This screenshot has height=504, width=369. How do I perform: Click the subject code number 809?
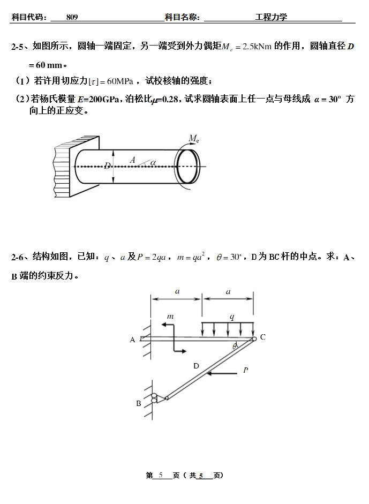click(x=72, y=17)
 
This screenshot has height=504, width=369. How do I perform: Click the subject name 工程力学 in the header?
click(x=271, y=17)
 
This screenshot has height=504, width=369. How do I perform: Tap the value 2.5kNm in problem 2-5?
click(x=257, y=47)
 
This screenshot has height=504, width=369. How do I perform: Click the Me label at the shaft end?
click(x=194, y=139)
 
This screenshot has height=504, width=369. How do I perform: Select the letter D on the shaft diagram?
click(x=107, y=166)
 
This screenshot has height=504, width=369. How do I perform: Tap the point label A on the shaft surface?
click(x=132, y=160)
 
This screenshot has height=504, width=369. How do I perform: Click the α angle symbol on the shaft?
click(x=153, y=162)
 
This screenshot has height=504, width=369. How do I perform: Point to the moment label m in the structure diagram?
click(x=170, y=317)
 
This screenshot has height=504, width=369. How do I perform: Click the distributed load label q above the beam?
click(x=232, y=317)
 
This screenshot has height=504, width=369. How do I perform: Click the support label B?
click(x=138, y=403)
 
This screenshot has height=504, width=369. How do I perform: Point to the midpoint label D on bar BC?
click(x=196, y=366)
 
